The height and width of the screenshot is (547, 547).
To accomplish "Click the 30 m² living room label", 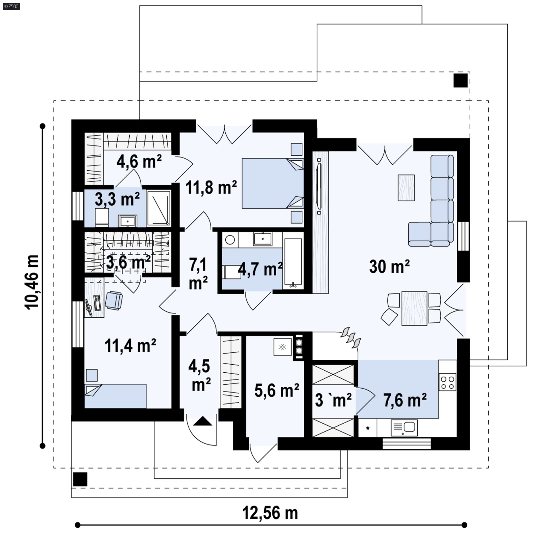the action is (389, 267).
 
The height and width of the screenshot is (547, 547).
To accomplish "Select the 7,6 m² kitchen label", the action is (405, 400).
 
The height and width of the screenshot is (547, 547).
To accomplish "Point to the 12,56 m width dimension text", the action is (270, 513).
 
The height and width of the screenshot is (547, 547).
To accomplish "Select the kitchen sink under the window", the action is (404, 428).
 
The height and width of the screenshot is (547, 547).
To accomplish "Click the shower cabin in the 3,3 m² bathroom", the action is (159, 207).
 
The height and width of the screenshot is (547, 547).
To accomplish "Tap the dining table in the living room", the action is (414, 308).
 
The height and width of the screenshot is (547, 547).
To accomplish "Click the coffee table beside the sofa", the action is (406, 188).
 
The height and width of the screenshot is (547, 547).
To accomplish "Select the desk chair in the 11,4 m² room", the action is (114, 300).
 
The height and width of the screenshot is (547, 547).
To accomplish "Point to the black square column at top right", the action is (461, 80).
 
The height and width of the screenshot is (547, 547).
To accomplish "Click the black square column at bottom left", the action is (80, 479).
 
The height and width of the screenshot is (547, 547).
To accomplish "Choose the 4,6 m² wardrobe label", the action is (139, 162).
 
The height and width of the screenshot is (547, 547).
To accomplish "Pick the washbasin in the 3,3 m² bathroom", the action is (128, 221).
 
